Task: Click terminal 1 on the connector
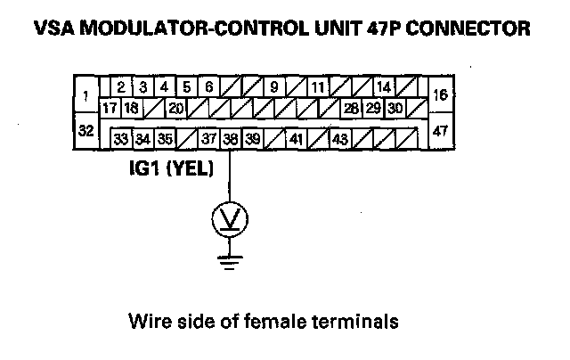coord(85,94)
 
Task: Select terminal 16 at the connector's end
coord(439,94)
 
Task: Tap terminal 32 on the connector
coord(86,130)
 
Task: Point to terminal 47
coord(439,130)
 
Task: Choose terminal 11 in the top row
coord(317,87)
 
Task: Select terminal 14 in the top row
coord(384,87)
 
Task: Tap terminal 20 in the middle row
coord(175,109)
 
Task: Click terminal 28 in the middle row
coord(351,109)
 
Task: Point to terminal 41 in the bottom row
coord(296,139)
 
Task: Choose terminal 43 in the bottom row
coord(339,139)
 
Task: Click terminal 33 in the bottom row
coord(121,139)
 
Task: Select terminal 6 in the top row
coord(208,87)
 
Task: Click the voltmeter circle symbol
coord(230,219)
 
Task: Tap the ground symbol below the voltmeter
coord(230,259)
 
